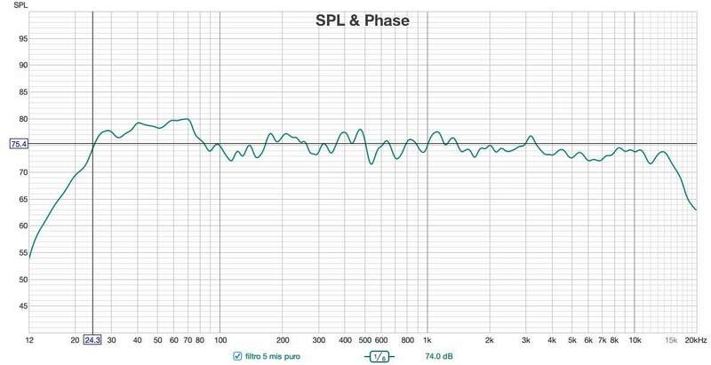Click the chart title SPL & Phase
point(362,21)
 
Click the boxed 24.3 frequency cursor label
point(92,339)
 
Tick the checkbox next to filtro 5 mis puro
point(236,356)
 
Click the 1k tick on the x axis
point(427,339)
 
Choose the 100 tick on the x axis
point(219,339)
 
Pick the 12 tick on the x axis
point(30,339)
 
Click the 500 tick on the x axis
point(364,339)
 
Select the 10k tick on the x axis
point(635,339)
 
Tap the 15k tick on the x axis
point(670,339)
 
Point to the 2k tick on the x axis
point(490,339)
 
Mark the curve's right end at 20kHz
point(696,210)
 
